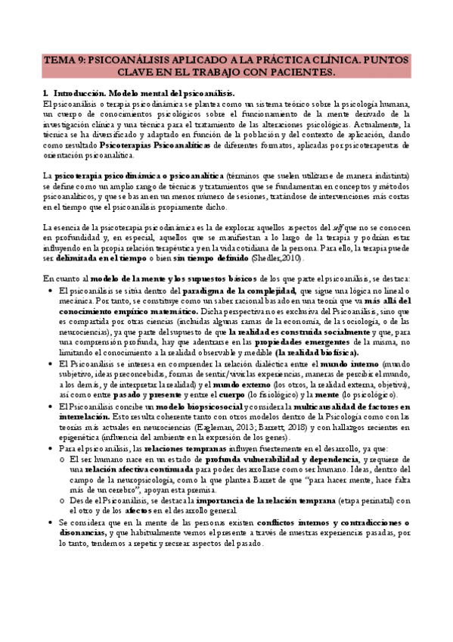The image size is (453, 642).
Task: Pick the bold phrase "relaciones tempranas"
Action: [x=171, y=449]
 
